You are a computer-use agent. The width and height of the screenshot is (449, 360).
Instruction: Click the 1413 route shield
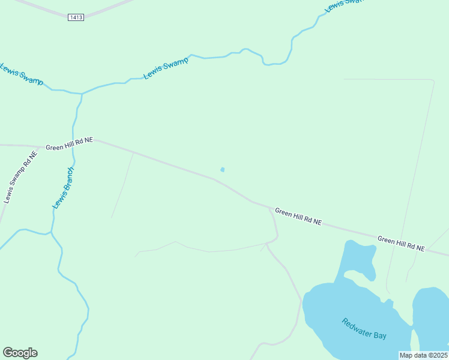point(76,17)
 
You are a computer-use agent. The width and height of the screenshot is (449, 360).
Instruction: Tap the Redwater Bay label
point(364,328)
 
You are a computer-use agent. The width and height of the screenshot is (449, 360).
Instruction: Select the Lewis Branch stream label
point(62,188)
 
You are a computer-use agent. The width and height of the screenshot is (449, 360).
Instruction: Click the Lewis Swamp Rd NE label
point(20,177)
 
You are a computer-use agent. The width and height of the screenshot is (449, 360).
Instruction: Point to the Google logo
point(20,353)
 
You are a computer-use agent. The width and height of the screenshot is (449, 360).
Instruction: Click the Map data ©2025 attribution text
point(423,355)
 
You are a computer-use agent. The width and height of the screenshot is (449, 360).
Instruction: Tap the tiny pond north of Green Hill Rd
point(223,170)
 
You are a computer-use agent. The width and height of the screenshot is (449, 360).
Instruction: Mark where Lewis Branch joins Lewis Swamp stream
point(82,94)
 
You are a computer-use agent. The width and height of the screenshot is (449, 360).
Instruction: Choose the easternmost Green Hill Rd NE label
point(401,244)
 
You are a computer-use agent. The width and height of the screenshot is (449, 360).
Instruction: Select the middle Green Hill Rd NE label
point(298,217)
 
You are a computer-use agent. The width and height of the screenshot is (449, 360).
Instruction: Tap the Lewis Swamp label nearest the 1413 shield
point(166,68)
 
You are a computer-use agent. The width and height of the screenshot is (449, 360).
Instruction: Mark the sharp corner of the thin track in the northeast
point(433,80)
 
